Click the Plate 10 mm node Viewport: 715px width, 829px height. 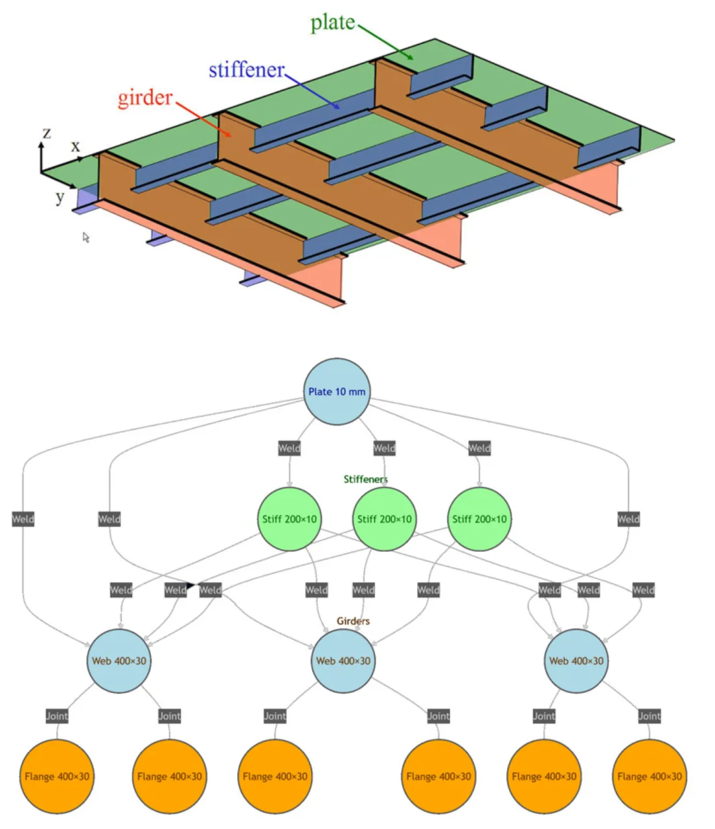coord(337,391)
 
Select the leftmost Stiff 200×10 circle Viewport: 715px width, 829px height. coord(289,519)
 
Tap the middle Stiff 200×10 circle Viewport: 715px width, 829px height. coord(384,519)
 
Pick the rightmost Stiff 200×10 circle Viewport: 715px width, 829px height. coord(479,519)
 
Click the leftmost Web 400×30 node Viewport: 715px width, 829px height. coord(119,661)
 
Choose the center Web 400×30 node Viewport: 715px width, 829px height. coord(343,661)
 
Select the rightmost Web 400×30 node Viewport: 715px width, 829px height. coord(576,661)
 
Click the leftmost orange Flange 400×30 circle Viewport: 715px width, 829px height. coord(57,776)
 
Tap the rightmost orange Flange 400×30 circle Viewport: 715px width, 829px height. coord(649,776)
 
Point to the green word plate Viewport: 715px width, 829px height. coord(332,23)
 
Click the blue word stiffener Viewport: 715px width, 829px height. coord(247,69)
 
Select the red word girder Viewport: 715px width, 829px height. coord(145,98)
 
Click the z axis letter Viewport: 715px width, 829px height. coord(46,133)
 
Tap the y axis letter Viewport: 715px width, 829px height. coord(60,196)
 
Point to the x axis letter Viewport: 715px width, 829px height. coord(75,146)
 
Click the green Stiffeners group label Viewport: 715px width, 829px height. coord(365,479)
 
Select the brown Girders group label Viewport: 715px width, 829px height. coord(353,621)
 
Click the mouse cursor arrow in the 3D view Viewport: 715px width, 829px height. coord(85,238)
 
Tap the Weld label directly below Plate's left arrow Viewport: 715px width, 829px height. coord(289,448)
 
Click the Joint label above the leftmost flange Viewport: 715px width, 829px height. coord(57,716)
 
